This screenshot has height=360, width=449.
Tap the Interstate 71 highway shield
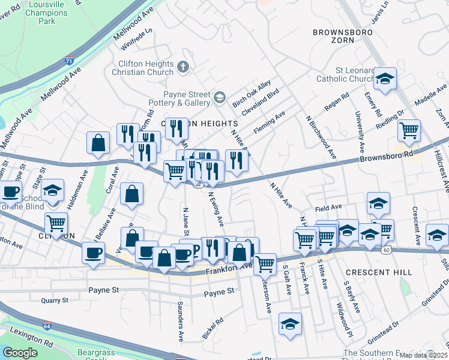70,61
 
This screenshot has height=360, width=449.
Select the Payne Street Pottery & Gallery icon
220,96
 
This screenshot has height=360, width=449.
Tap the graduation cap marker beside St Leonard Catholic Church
385,78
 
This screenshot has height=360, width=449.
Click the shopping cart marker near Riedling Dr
409,130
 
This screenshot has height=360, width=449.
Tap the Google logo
20,352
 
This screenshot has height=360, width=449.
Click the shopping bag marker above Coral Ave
98,143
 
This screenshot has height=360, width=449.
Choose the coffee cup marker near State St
10,192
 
